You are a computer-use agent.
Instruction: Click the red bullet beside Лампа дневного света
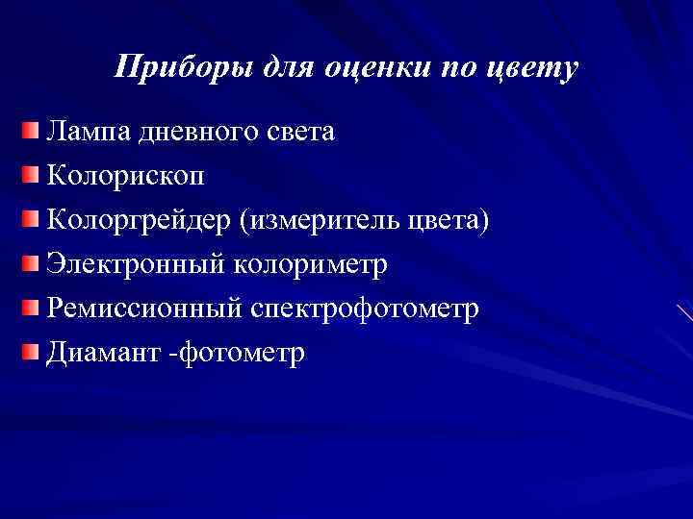pos(34,130)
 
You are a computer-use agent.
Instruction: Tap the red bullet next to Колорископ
pos(34,174)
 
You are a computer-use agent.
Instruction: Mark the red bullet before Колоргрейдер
pos(34,218)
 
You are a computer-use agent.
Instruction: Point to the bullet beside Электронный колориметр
pos(34,262)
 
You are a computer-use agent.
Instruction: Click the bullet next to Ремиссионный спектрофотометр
pos(34,307)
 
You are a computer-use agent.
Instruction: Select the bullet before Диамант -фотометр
pos(34,351)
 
